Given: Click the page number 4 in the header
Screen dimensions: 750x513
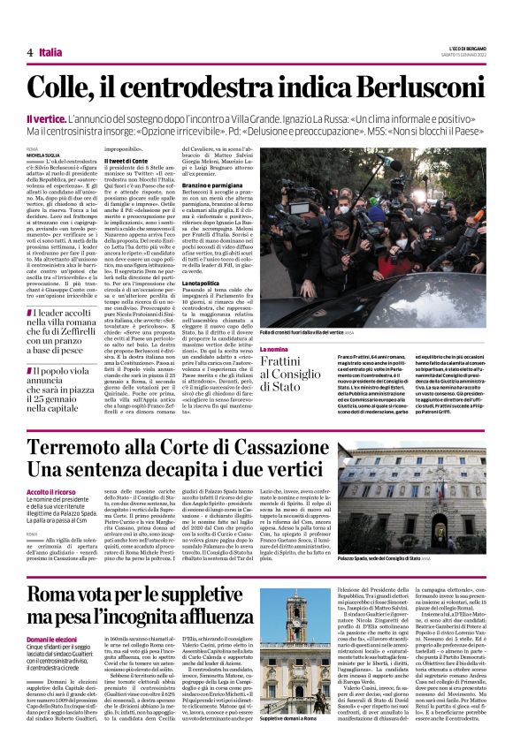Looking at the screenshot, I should click(29, 52).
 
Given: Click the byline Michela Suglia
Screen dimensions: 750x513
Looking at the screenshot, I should click(42, 155).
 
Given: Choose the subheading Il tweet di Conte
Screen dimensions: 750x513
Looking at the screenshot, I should click(128, 161).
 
